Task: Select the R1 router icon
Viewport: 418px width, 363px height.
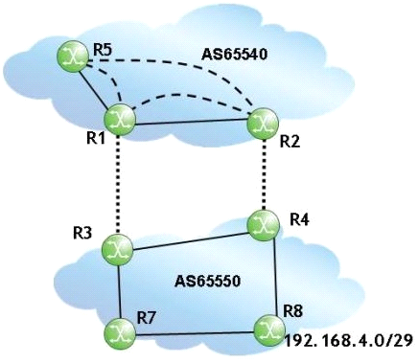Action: (120, 120)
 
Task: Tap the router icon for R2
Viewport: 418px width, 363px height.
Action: (264, 124)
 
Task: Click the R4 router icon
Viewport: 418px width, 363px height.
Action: (264, 225)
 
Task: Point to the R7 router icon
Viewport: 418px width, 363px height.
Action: (120, 334)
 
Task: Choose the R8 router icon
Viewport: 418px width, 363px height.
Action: (269, 330)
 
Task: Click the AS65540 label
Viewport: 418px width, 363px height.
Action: (234, 55)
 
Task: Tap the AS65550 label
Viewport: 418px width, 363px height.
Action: (207, 282)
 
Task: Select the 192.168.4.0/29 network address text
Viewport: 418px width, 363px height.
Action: (348, 341)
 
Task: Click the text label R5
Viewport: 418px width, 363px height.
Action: (103, 50)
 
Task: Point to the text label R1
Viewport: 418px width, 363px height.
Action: (95, 138)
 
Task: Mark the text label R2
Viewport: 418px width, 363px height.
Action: (290, 141)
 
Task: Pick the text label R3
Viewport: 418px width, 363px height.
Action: (82, 233)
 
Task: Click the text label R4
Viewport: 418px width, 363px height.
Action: (299, 219)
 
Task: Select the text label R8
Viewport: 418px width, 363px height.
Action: (293, 311)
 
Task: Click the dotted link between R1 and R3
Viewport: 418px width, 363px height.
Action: (119, 185)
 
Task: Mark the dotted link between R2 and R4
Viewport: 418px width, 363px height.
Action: (264, 174)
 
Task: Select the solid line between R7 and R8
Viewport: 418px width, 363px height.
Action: (195, 333)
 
